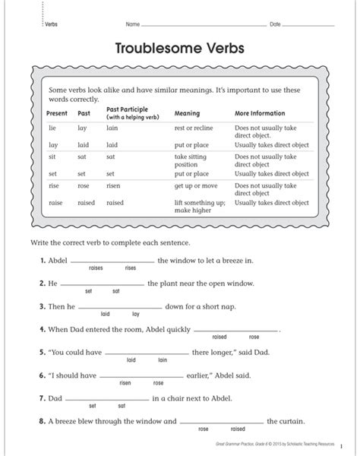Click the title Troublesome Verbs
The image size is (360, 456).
(x=180, y=49)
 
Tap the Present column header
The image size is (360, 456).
(x=57, y=113)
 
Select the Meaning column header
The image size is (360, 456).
(x=187, y=113)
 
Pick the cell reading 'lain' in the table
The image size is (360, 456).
(x=112, y=128)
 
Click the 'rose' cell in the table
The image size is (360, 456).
(x=84, y=186)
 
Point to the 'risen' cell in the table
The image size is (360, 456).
(x=114, y=186)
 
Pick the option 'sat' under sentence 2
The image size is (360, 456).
(x=115, y=291)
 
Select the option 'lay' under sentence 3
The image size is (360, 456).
(x=136, y=314)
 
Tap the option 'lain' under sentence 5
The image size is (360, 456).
(x=162, y=360)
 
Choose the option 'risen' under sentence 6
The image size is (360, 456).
(x=126, y=383)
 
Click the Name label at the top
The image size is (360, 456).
(x=132, y=24)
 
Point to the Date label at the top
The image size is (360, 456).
(x=275, y=24)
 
